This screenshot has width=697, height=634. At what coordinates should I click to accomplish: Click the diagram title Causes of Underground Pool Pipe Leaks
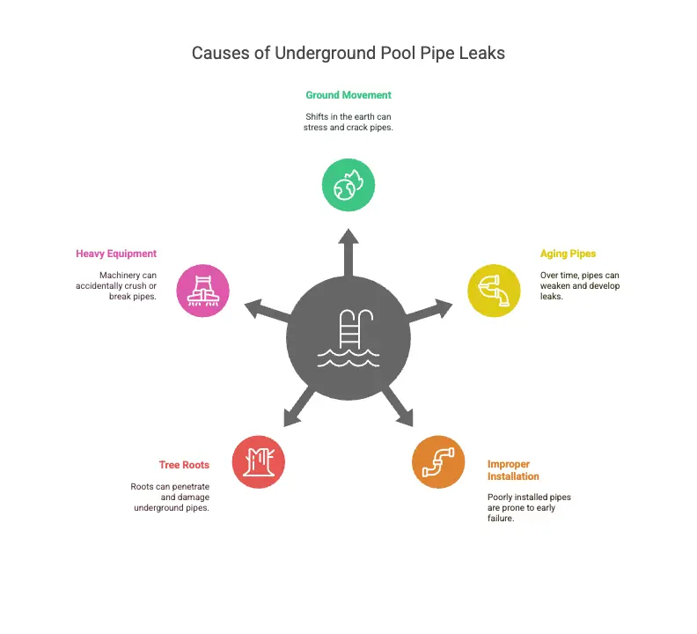click(x=348, y=53)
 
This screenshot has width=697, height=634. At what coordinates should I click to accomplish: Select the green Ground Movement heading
click(x=348, y=95)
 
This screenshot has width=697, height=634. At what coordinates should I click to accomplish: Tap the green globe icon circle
click(x=348, y=185)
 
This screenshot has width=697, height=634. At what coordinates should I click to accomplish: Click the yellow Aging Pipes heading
click(x=568, y=254)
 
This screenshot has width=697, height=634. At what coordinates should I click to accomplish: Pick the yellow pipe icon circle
click(x=494, y=290)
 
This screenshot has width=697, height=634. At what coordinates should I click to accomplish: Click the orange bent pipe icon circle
click(x=438, y=461)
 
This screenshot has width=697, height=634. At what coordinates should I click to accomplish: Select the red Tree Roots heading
click(x=184, y=465)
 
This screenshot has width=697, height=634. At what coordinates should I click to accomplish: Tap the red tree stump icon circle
click(x=258, y=461)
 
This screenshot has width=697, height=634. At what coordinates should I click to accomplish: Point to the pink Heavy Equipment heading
click(x=116, y=254)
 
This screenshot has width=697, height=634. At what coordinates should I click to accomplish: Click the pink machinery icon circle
click(x=203, y=290)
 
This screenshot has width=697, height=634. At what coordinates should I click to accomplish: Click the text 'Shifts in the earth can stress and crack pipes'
click(x=348, y=122)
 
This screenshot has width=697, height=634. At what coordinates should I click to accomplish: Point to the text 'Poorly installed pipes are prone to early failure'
click(x=529, y=508)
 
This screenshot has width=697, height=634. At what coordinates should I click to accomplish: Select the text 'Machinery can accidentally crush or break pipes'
click(x=128, y=285)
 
